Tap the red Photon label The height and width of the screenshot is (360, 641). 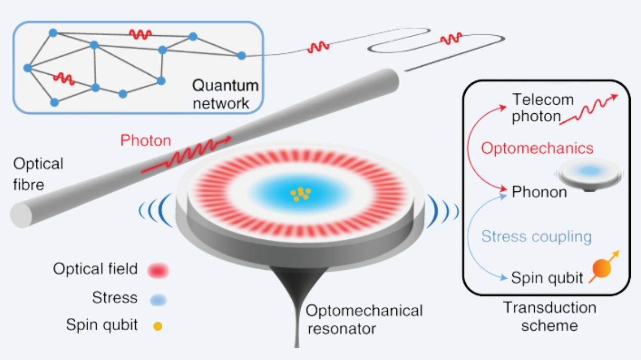click(146, 141)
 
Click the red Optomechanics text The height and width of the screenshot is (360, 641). click(537, 148)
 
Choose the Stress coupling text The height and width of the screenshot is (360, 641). click(536, 236)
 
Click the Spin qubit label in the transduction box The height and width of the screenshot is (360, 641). click(547, 278)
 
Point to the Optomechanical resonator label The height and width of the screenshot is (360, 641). click(364, 319)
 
